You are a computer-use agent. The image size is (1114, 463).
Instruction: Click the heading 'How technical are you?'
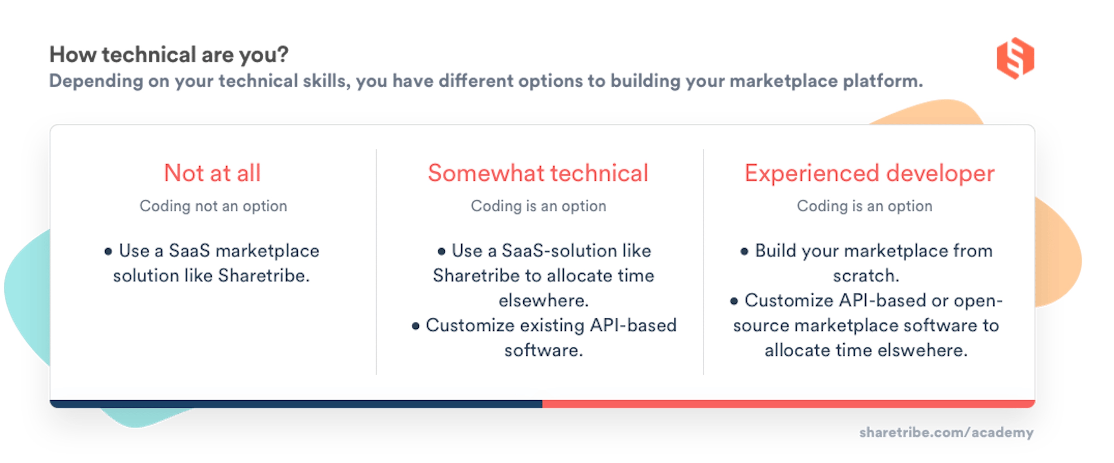coord(169,55)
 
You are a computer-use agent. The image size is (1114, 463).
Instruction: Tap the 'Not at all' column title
coord(212,173)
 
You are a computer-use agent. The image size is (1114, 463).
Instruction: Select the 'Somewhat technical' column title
coord(538,173)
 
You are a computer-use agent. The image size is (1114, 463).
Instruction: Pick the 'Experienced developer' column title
coord(869,173)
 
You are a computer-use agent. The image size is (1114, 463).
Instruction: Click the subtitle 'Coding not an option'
coord(213,206)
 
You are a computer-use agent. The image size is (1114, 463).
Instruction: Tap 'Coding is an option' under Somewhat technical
coord(538,206)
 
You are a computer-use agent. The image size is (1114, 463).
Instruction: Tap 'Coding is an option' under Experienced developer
coord(865,206)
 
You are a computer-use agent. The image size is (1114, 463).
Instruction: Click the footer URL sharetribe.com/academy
coord(946,432)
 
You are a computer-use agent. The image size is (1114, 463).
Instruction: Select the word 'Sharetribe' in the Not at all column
coord(263,276)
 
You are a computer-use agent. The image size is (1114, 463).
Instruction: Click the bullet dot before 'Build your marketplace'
coord(744,251)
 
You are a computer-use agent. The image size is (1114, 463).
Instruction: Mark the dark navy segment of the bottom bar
coord(296,404)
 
